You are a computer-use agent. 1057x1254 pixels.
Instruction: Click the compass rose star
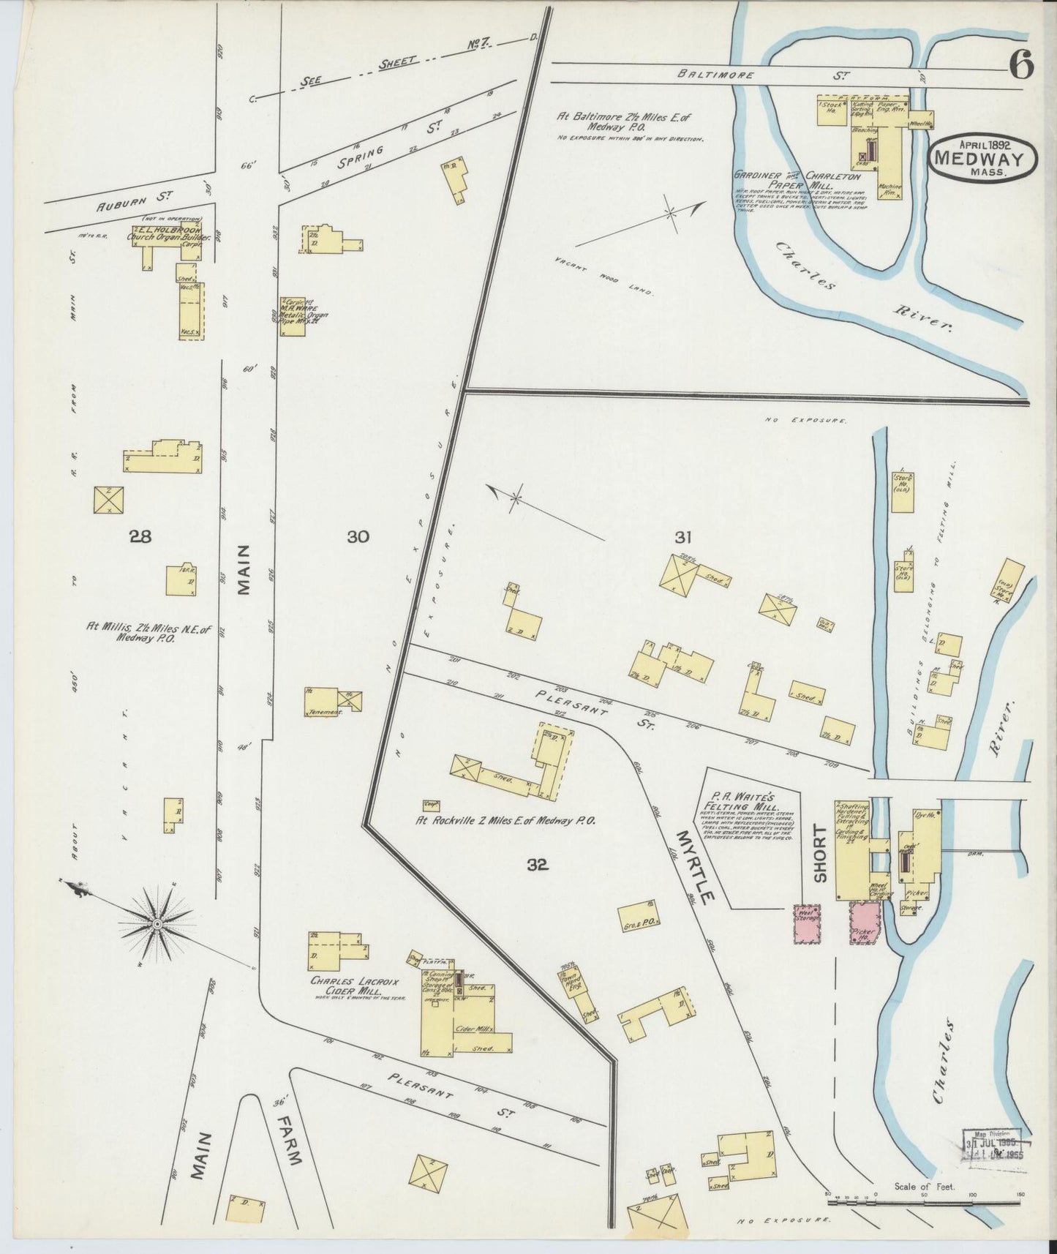(x=156, y=924)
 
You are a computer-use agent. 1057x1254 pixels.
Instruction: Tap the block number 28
(x=140, y=537)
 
